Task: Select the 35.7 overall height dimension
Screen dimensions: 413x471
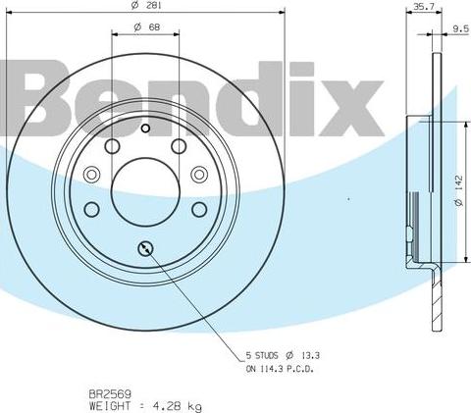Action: (423, 7)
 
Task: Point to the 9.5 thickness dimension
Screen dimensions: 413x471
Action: (459, 29)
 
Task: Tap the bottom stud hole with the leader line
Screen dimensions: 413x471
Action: (145, 247)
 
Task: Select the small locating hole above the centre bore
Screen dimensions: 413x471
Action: (144, 128)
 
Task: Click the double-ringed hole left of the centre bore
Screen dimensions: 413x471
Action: (92, 175)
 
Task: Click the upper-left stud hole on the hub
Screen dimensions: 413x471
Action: (111, 146)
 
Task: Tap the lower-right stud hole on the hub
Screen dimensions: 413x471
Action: (198, 208)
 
